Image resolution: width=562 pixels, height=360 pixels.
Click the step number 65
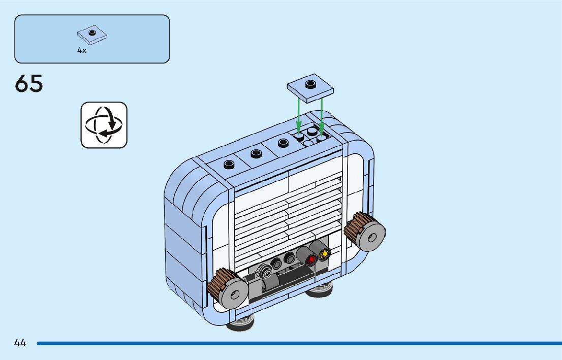tap(29, 84)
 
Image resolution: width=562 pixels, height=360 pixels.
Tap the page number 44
tap(20, 343)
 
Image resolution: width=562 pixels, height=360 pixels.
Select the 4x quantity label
tap(82, 50)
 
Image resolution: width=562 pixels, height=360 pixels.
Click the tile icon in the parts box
tap(92, 35)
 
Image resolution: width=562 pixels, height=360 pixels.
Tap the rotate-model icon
tap(104, 125)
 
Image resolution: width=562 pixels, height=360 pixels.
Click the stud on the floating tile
tap(310, 83)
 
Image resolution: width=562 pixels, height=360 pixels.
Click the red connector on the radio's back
tap(311, 259)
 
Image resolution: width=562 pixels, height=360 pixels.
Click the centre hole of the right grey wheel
tap(372, 238)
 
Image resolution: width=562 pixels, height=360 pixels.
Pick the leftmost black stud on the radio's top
tap(229, 163)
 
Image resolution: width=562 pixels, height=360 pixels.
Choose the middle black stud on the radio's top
tap(256, 153)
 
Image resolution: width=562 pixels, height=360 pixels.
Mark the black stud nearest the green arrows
tap(283, 143)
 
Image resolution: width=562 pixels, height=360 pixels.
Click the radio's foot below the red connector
tap(319, 291)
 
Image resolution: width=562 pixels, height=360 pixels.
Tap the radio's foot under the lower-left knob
tap(240, 323)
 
